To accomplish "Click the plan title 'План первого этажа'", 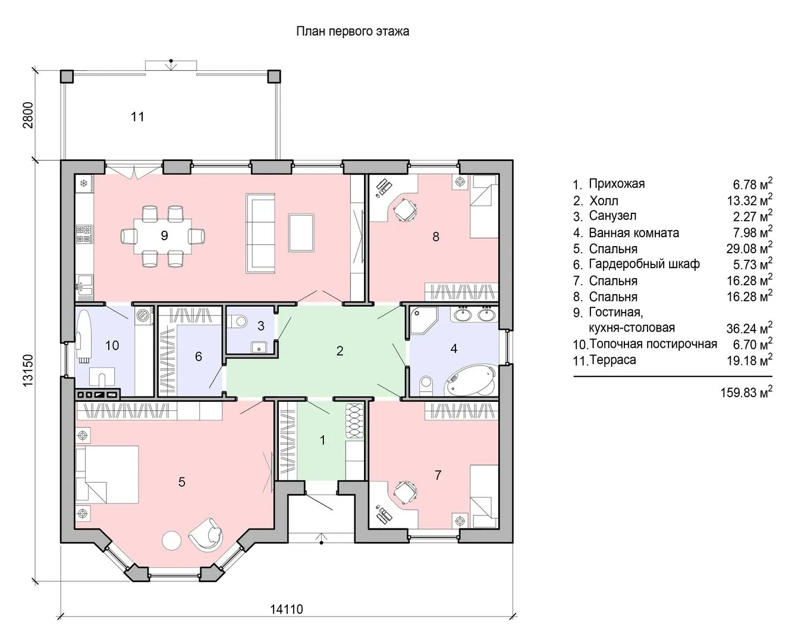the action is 352,32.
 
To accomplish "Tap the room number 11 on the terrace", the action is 137,117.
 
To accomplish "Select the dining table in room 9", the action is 163,236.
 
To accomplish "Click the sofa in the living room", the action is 260,234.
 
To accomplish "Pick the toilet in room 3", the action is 237,321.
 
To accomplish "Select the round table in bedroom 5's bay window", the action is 172,541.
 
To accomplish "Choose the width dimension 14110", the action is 286,609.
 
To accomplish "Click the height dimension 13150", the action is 29,370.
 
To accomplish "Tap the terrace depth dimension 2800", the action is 29,115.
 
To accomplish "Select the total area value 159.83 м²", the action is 746,392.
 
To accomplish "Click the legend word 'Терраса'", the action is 612,360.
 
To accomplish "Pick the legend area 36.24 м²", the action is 749,328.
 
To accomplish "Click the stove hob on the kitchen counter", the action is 84,234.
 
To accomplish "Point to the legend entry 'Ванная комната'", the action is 634,233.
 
